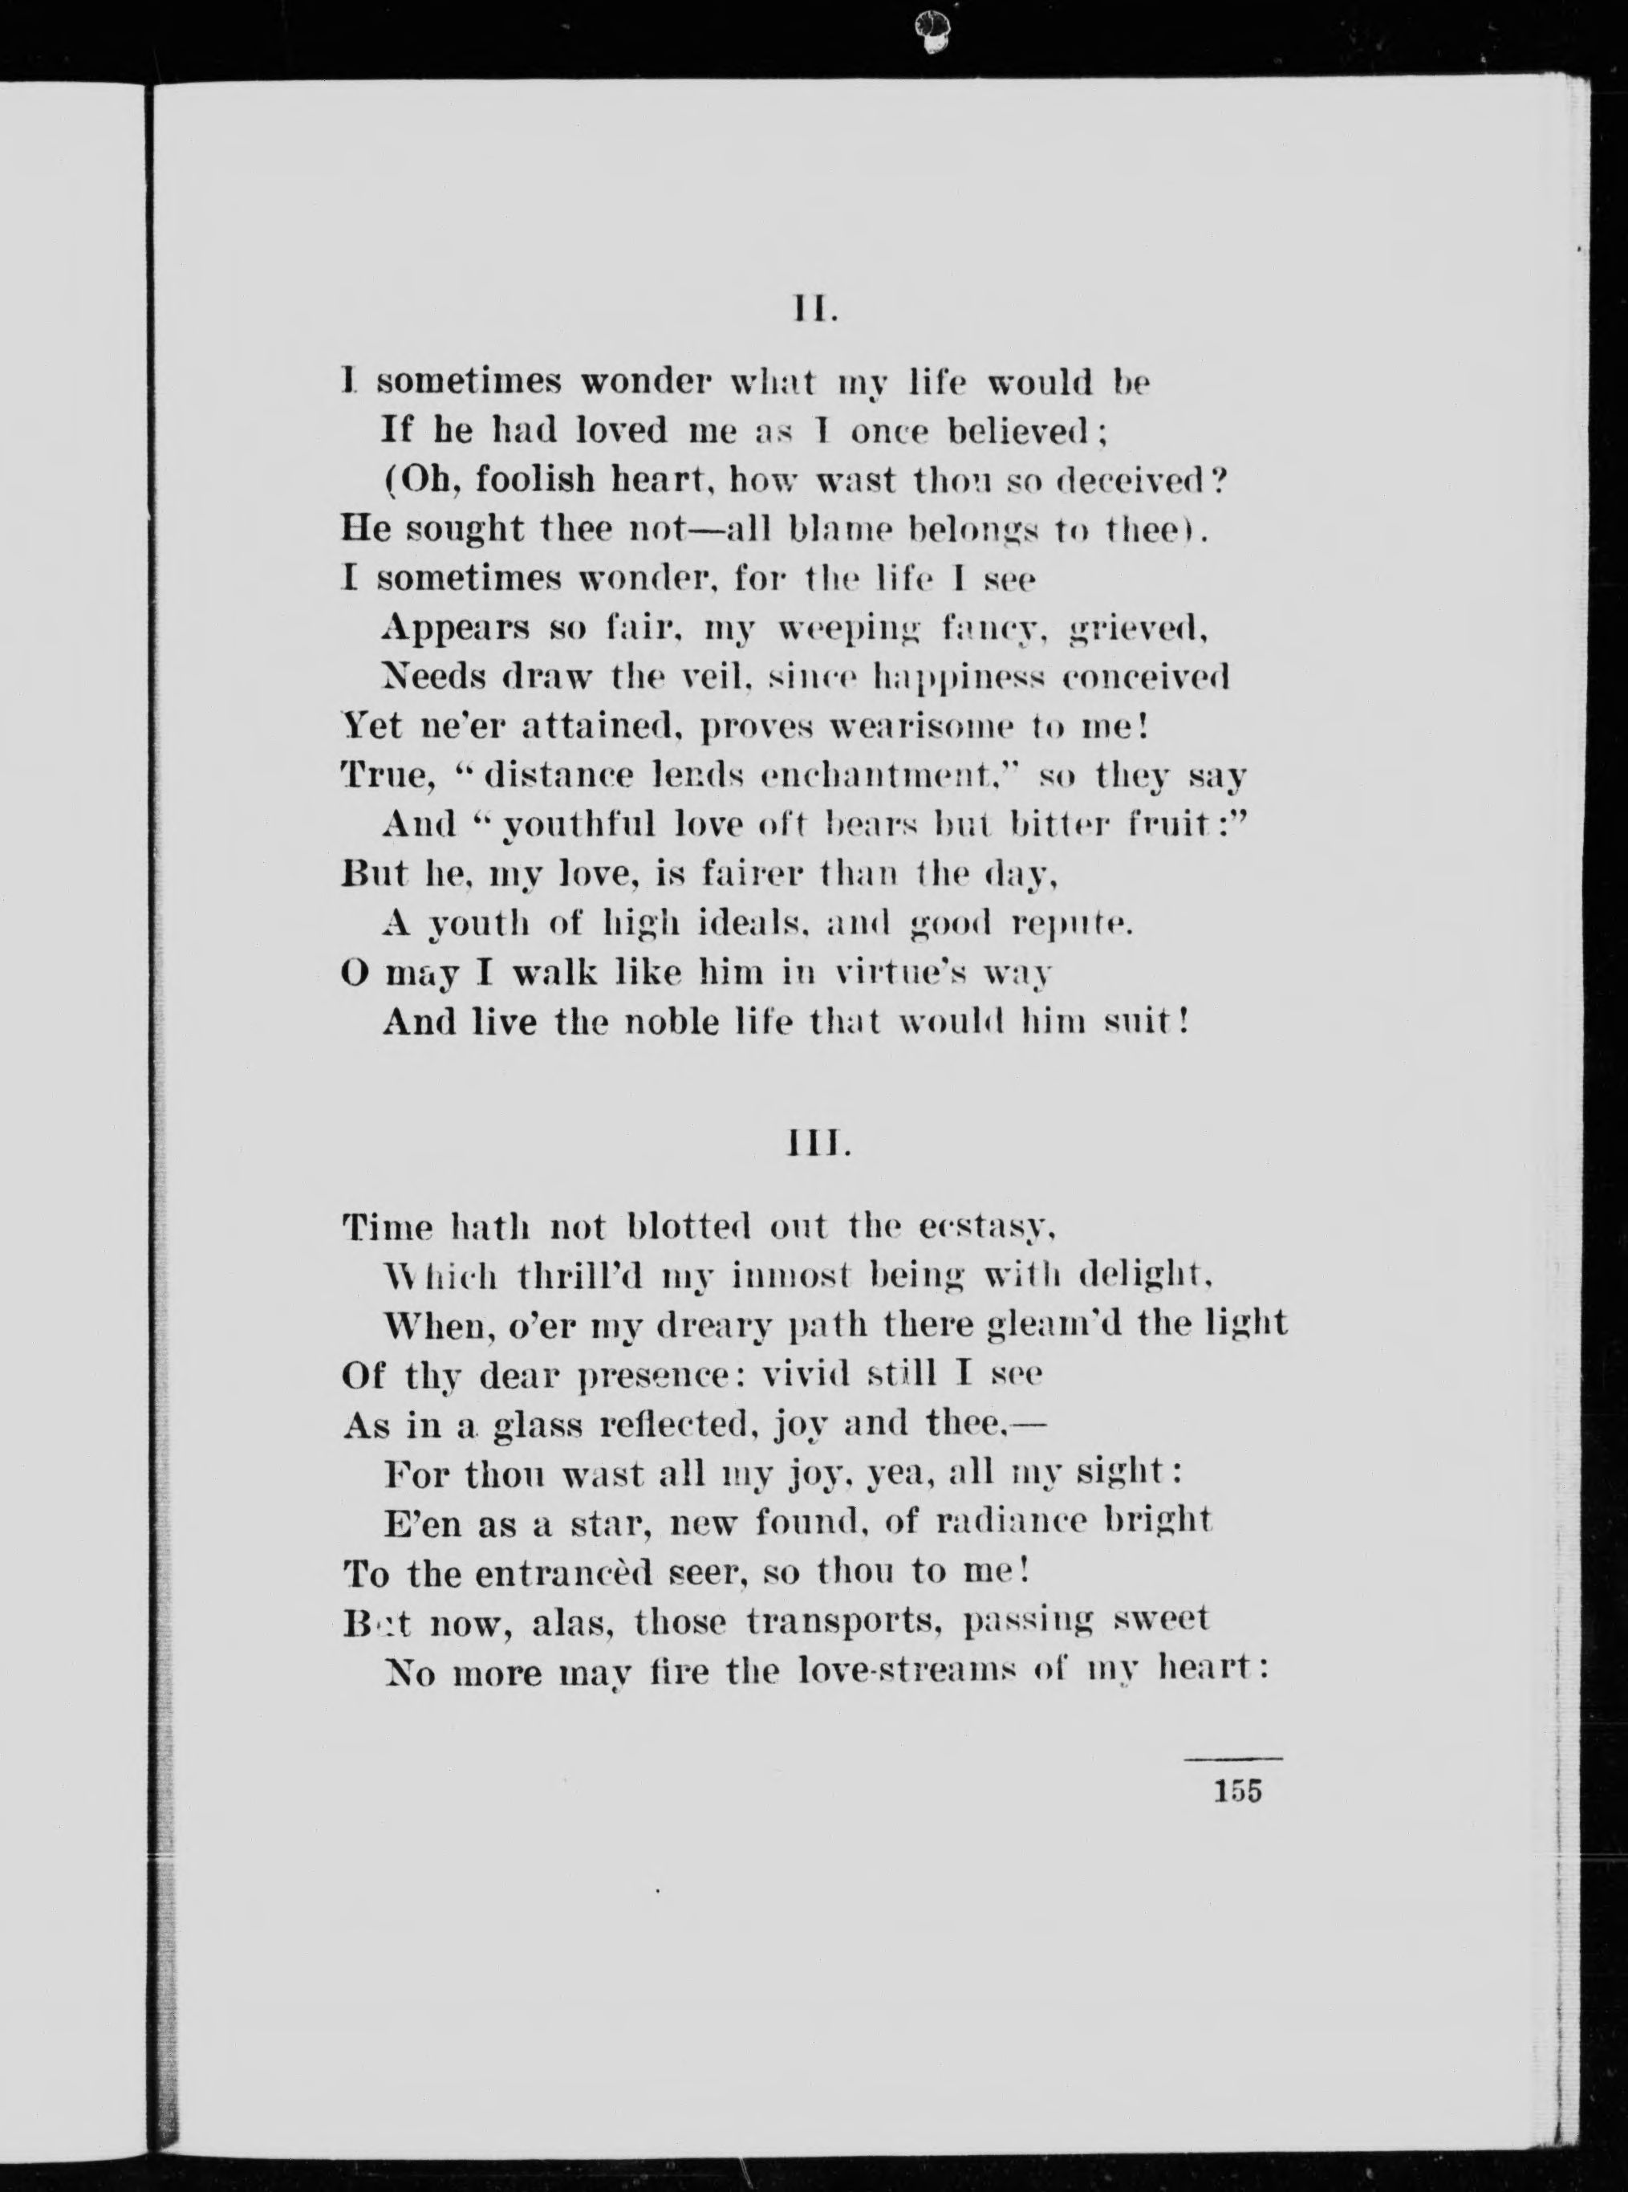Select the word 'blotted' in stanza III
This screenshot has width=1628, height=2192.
click(690, 1228)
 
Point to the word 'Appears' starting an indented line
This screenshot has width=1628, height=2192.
click(457, 628)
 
